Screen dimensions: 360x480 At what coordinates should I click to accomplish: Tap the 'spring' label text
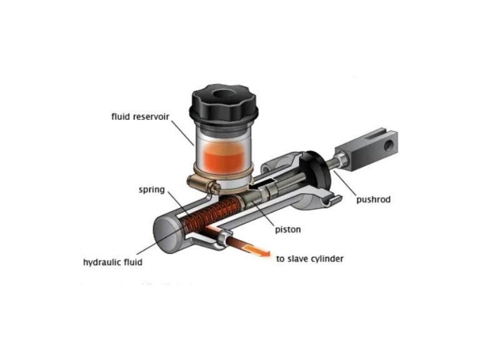[152, 189]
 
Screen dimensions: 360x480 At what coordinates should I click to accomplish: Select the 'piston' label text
[287, 229]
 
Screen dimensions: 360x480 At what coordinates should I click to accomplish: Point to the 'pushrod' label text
[373, 200]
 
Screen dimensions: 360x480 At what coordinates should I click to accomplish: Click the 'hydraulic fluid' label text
[112, 262]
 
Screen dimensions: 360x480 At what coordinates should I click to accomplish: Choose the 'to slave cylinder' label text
[310, 258]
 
